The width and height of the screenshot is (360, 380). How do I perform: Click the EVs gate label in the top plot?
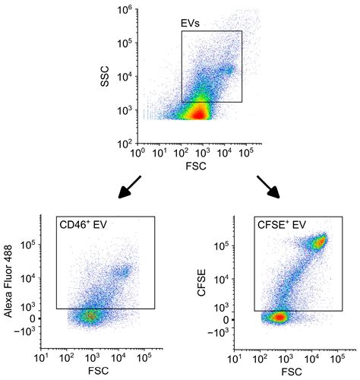191,24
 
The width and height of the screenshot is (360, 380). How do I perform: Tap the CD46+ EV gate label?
81,226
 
